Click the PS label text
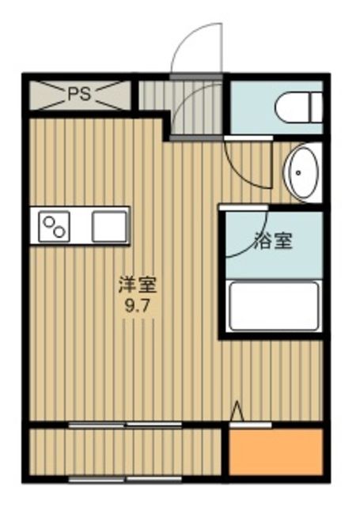tap(78, 93)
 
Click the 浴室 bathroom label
tap(274, 240)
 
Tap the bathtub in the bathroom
tap(273, 306)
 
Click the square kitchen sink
tap(109, 226)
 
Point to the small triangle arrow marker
tap(236, 411)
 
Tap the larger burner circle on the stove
tap(59, 232)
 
